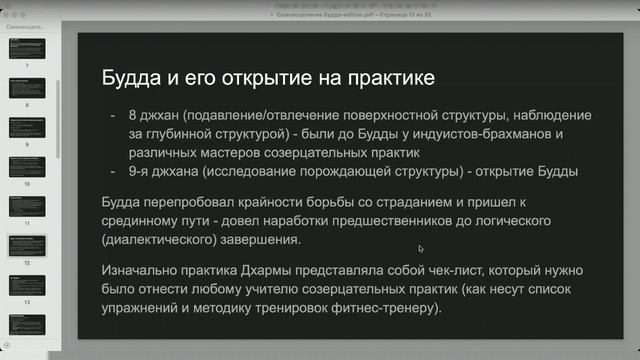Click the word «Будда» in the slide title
point(128,78)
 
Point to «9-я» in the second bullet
point(140,171)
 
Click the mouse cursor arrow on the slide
point(421,249)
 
